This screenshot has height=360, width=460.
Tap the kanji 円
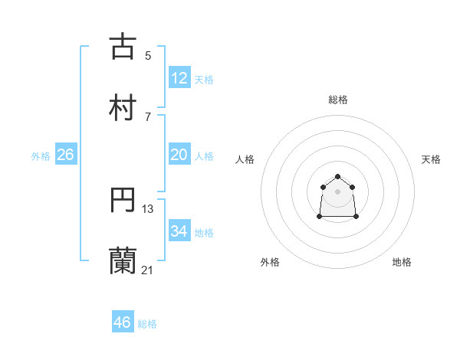coord(123,200)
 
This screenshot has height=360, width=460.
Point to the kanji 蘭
coord(123,260)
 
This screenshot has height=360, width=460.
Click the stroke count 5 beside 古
coord(148,55)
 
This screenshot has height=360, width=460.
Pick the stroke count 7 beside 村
coord(148,116)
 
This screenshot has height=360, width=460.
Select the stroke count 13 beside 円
coord(148,209)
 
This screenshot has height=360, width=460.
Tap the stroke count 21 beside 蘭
coord(148,270)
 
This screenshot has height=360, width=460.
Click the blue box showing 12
coord(179,78)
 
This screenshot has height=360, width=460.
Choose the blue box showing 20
coord(179,155)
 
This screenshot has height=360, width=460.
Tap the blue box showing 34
coord(179,231)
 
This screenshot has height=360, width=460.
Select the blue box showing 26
coord(66,155)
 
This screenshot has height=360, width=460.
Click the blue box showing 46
coord(123,322)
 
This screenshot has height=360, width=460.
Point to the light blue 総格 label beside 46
coord(147,324)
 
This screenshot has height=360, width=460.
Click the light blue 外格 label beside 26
coord(41,156)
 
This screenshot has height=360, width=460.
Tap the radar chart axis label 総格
coord(338,100)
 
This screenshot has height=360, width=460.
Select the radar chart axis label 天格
coord(431,159)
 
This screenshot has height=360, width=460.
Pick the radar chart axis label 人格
coord(245,159)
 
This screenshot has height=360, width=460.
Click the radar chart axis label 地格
coord(402,262)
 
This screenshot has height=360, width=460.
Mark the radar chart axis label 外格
coord(270,262)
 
